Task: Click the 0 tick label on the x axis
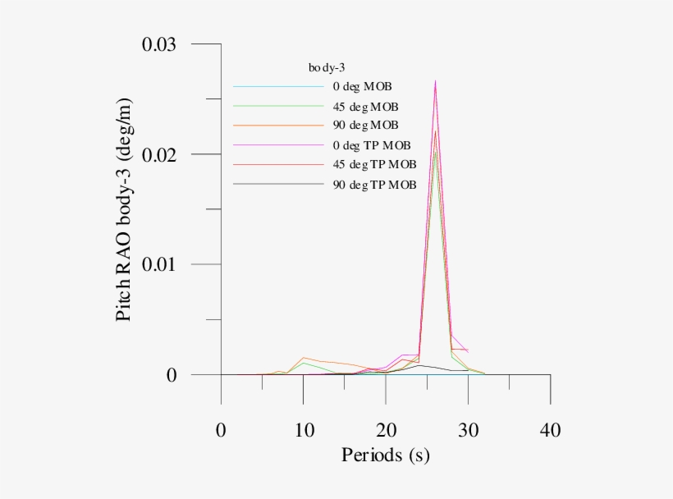(221, 430)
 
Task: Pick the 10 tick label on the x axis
(304, 430)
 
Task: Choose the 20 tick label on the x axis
(386, 430)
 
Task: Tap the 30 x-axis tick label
(468, 430)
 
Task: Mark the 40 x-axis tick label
(550, 430)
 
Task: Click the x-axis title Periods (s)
(385, 455)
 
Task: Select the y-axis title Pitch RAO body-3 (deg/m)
(124, 210)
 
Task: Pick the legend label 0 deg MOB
(362, 86)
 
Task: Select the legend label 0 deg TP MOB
(370, 145)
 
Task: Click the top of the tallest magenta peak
(435, 80)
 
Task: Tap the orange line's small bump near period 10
(304, 358)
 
